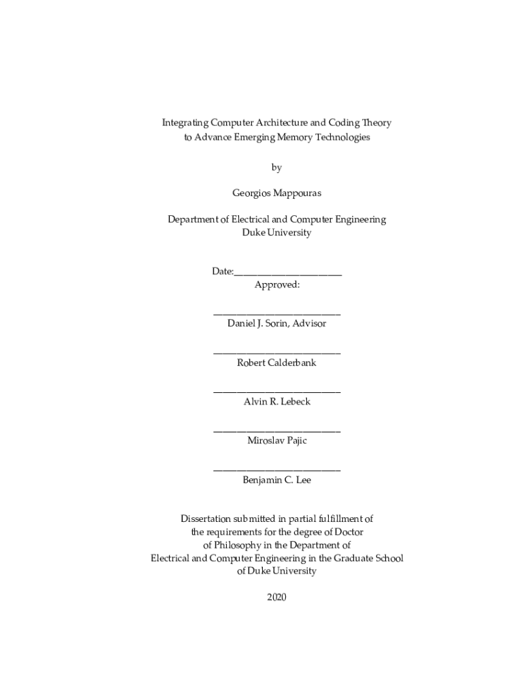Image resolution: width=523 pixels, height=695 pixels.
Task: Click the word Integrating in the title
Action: pyautogui.click(x=184, y=123)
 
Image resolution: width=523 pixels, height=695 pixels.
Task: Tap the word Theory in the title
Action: pyautogui.click(x=377, y=123)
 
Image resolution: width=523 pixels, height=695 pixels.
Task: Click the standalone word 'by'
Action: pyautogui.click(x=276, y=167)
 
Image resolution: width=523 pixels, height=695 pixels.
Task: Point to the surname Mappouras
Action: pyautogui.click(x=297, y=193)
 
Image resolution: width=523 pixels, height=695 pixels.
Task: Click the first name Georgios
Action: pyautogui.click(x=251, y=193)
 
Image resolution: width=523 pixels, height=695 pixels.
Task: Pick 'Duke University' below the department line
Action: pyautogui.click(x=276, y=232)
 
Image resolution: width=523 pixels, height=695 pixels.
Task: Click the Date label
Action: pyautogui.click(x=222, y=271)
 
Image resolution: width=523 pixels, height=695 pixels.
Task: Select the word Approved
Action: pyautogui.click(x=276, y=285)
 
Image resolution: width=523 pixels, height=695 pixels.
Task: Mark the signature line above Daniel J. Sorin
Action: pyautogui.click(x=276, y=314)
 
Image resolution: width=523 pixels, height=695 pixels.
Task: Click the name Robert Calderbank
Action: pyautogui.click(x=276, y=362)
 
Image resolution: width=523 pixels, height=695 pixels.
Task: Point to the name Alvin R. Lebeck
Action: pyautogui.click(x=276, y=402)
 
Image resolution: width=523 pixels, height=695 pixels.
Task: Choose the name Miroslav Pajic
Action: pyautogui.click(x=276, y=440)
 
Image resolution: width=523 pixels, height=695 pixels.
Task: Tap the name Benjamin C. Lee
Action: pyautogui.click(x=276, y=480)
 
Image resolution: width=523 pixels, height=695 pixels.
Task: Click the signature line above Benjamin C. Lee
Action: pyautogui.click(x=276, y=470)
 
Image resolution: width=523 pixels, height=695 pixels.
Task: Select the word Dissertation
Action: pyautogui.click(x=209, y=519)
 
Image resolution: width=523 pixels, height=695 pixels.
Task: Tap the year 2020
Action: pyautogui.click(x=276, y=597)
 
